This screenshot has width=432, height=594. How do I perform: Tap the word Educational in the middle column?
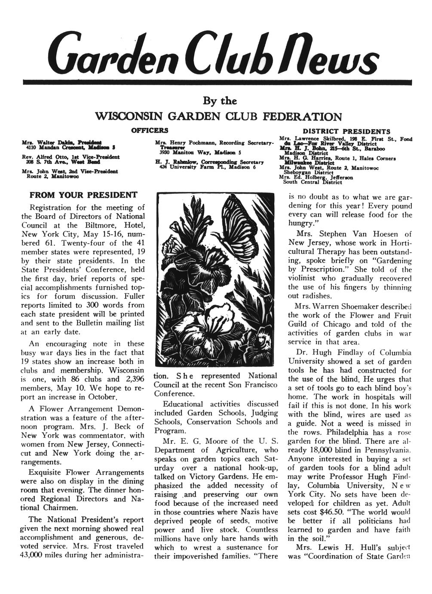[184, 404]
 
